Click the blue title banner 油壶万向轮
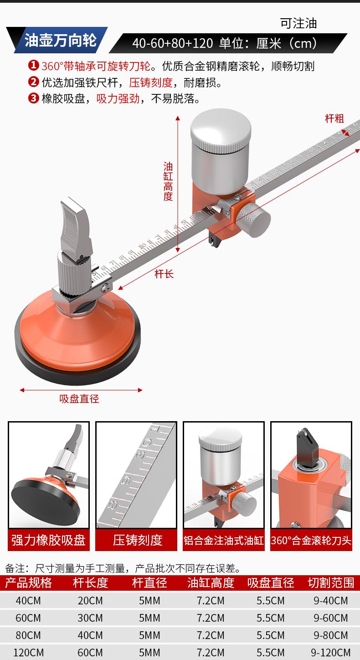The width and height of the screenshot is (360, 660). (x=61, y=40)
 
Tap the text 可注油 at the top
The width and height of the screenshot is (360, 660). (x=298, y=24)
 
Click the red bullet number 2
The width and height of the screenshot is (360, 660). (x=34, y=82)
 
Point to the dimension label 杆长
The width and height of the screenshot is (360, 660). (x=164, y=274)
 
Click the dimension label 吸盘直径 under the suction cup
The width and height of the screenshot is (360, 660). (x=79, y=399)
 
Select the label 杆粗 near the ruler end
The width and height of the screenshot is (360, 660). (x=334, y=119)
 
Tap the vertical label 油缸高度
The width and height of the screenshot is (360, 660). (x=168, y=181)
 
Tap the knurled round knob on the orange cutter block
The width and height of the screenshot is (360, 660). (x=254, y=220)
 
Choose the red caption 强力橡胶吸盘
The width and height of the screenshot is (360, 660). (x=49, y=540)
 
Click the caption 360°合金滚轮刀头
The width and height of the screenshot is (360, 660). (x=311, y=541)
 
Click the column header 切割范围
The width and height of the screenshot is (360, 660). (x=331, y=583)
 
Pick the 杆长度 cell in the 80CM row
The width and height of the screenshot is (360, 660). (x=90, y=635)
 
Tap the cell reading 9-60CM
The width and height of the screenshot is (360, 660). (x=330, y=618)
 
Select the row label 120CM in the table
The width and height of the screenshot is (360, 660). (x=28, y=652)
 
